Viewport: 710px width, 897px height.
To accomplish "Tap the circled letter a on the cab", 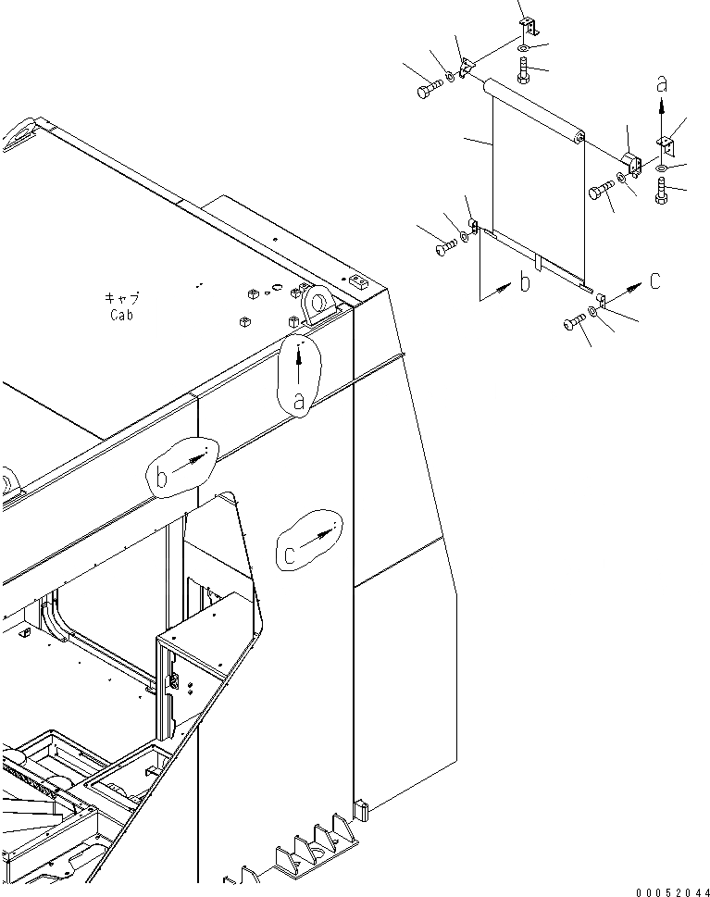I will [298, 400].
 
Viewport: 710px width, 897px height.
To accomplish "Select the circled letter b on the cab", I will [161, 477].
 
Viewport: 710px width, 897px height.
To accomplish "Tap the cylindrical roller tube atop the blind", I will [534, 109].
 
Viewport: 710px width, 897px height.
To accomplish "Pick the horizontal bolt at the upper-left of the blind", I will [429, 90].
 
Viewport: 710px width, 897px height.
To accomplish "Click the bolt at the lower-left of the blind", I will [444, 247].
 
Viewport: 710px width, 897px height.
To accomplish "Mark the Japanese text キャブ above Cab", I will [121, 298].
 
